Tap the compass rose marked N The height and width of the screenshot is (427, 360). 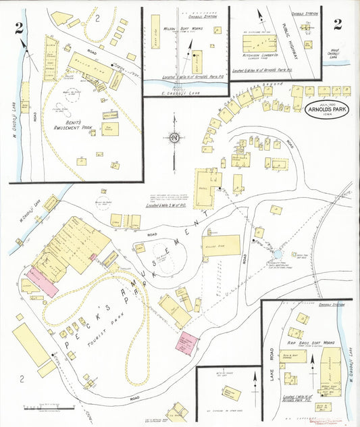(174, 139)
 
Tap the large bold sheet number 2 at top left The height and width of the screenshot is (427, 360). (20, 27)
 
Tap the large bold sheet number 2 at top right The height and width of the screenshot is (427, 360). (337, 25)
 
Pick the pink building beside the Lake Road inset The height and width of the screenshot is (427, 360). (186, 342)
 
